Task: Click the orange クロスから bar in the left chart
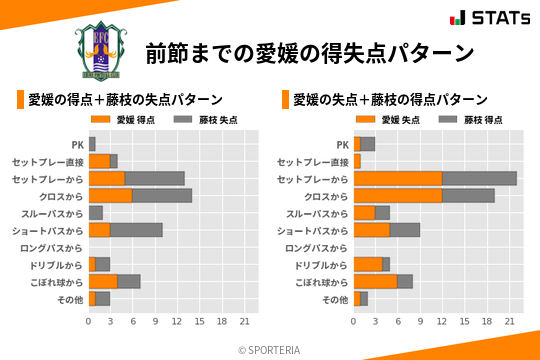110,195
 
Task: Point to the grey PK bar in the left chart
92,144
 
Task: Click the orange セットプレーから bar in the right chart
398,178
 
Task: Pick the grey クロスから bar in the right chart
468,195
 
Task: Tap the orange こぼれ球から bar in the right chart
375,281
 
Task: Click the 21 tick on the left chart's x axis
244,321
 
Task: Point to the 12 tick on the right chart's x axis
442,321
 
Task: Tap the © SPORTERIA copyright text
269,350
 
